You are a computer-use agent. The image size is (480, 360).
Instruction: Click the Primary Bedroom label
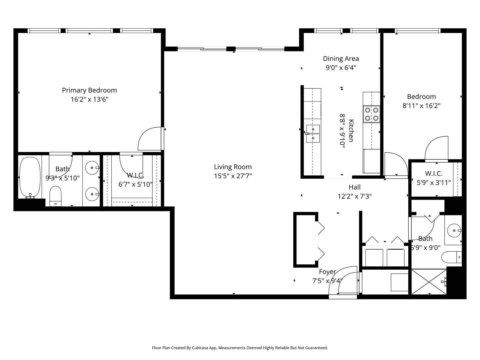[89, 90]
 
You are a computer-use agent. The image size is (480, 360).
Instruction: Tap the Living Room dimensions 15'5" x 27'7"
[233, 176]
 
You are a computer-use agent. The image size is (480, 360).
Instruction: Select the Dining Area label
[341, 59]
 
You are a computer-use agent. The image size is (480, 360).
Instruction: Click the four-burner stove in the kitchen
[372, 114]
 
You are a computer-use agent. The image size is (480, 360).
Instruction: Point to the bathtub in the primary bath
[30, 177]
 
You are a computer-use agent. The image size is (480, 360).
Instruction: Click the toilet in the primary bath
[56, 196]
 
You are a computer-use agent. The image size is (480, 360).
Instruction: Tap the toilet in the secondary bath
[452, 257]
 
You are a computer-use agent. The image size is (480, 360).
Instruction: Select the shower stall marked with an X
[429, 282]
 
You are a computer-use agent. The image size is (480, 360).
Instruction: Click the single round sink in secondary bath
[454, 230]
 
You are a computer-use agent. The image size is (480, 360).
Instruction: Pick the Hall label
[354, 187]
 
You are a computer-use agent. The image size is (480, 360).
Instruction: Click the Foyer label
[327, 272]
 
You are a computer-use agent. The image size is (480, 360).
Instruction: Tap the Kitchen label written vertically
[351, 131]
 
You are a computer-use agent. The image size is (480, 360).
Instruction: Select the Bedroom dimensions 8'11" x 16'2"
[421, 106]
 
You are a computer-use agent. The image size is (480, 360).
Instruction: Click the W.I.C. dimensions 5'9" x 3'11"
[434, 183]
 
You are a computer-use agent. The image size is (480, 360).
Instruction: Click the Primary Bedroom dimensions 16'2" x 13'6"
[89, 99]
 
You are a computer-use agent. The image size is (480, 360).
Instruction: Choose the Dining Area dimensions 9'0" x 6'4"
[341, 68]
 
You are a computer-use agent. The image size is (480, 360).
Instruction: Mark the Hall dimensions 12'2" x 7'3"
[354, 196]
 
